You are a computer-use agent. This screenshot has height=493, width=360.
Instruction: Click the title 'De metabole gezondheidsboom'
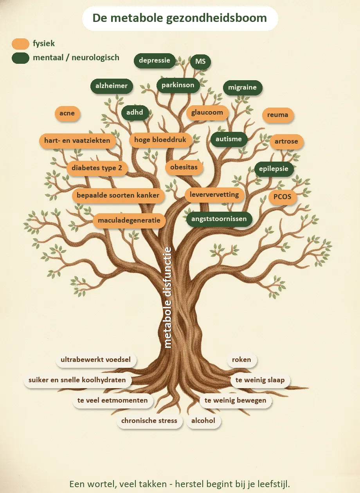(x=180, y=18)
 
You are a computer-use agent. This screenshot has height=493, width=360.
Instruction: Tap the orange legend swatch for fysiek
(x=20, y=43)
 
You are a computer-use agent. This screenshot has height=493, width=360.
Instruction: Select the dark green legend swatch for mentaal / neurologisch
(x=20, y=58)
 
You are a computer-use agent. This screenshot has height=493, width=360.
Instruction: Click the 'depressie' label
(x=155, y=61)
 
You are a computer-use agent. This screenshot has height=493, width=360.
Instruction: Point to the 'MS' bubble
(x=200, y=61)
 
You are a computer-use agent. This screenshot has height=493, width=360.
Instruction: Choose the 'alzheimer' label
(x=112, y=86)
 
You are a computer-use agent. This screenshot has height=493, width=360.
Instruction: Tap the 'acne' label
(x=67, y=113)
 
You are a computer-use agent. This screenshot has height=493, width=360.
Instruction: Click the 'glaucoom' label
(x=207, y=113)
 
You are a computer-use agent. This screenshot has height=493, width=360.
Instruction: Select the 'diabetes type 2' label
(x=97, y=168)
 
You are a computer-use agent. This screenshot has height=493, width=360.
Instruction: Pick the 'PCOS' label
(x=282, y=197)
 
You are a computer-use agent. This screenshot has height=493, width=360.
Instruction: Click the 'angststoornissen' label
(x=219, y=219)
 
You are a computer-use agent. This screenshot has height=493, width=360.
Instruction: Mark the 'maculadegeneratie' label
(x=129, y=221)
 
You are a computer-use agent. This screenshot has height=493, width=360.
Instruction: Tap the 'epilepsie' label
(x=274, y=169)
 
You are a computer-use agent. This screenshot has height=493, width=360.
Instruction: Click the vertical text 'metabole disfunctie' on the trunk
(x=168, y=297)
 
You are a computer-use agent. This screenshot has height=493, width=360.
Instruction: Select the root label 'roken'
(x=241, y=360)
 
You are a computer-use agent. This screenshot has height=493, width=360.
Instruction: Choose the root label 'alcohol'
(x=203, y=421)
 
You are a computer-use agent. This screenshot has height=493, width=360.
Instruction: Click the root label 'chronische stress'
(x=149, y=421)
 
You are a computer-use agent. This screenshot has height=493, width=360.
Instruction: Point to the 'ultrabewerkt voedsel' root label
(x=96, y=360)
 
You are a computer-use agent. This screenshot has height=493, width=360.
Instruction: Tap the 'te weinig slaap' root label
(x=260, y=380)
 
